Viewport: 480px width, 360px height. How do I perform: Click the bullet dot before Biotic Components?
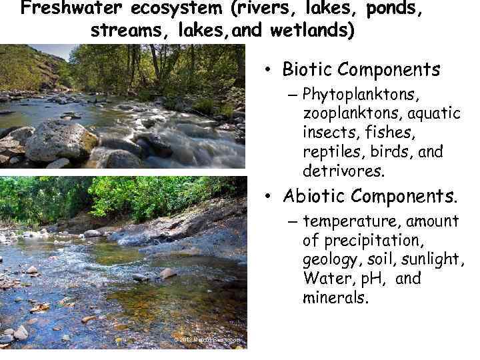[267, 69]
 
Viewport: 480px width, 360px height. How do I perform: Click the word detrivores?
[343, 171]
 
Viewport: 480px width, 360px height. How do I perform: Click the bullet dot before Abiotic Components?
[267, 197]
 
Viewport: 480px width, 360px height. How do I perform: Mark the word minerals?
[335, 297]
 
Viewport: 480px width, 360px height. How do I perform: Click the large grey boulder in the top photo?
[61, 141]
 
